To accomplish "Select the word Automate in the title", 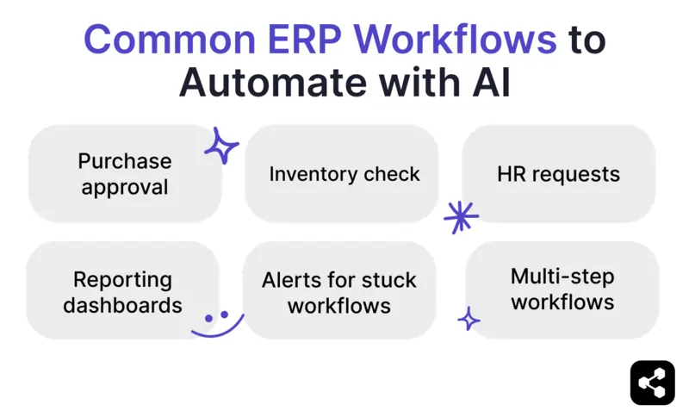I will click(x=278, y=85).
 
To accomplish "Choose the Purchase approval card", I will click(x=125, y=174).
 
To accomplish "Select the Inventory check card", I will click(x=344, y=174).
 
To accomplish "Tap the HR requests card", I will click(x=558, y=174).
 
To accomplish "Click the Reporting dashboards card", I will click(x=122, y=292).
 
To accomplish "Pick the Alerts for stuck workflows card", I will click(x=339, y=292).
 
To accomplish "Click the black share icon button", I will click(x=652, y=383).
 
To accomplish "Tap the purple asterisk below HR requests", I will click(x=461, y=217).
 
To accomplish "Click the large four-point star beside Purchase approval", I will click(x=221, y=146).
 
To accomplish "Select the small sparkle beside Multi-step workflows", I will click(x=469, y=320).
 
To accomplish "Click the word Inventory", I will click(x=309, y=174).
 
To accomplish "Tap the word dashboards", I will click(x=122, y=305).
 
